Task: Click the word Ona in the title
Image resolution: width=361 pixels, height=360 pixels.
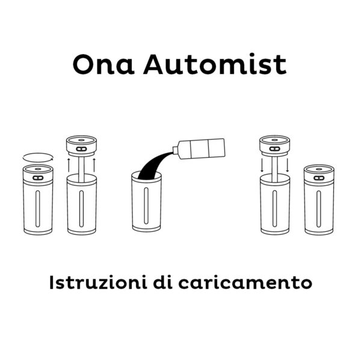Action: coord(103,64)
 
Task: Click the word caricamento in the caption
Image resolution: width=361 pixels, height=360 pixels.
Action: coord(245,283)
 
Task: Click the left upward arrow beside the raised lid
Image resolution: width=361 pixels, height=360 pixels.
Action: coord(69,165)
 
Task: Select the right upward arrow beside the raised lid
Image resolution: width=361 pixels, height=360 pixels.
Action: coord(94,165)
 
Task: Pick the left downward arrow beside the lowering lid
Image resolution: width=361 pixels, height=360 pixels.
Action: coord(262,165)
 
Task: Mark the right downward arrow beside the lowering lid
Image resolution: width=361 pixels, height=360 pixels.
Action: coord(288,165)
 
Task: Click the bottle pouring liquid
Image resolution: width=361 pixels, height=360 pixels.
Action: coord(199,149)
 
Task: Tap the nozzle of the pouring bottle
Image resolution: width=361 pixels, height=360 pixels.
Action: coord(176,150)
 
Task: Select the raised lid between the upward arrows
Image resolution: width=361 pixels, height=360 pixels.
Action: coord(81,146)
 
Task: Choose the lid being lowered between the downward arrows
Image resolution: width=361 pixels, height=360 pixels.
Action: coord(275,146)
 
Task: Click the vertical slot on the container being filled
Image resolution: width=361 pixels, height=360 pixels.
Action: coord(146,206)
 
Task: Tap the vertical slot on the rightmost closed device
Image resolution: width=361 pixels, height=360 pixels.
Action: coord(319,209)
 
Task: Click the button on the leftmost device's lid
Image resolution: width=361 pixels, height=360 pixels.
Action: coord(38,178)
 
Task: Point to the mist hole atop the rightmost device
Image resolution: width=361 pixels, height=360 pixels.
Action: coord(319,169)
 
